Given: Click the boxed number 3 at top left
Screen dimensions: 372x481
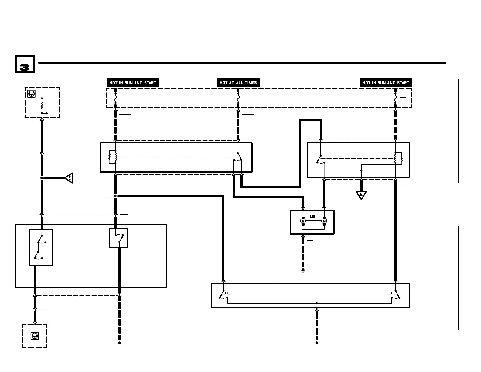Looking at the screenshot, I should pos(25,64).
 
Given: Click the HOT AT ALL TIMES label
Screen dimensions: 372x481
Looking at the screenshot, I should pos(238,83).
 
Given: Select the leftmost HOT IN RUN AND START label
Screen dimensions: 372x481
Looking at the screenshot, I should pos(133,83).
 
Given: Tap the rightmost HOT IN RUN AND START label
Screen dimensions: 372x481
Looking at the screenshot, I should pos(386,83).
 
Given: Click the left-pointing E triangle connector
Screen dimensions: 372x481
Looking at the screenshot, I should pos(69,178).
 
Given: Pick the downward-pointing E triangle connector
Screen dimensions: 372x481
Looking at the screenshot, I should pos(361,195).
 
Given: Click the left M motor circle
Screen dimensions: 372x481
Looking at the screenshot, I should pos(303,221).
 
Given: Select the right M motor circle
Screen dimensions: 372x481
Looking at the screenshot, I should pos(324,221).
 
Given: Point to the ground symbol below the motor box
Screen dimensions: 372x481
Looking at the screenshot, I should pos(303,270).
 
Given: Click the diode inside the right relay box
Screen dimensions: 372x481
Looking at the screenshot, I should pos(361,171).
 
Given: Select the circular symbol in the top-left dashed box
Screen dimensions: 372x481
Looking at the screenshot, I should pos(31,94).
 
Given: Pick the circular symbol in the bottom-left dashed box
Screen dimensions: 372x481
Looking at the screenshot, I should pos(35,336).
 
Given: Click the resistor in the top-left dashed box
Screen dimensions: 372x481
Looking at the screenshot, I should pos(42,106).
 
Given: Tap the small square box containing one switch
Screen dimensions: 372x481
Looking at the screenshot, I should pos(118,238).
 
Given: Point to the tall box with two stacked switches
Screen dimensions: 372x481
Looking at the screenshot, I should pos(41,247).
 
